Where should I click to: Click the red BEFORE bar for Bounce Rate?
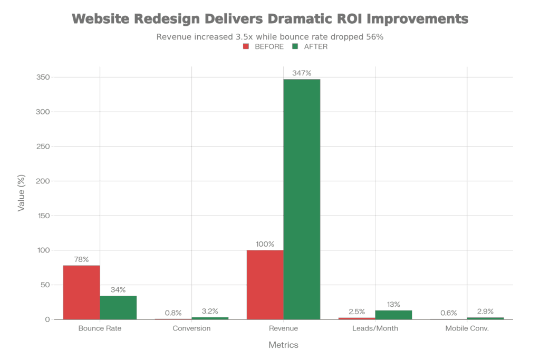click(81, 292)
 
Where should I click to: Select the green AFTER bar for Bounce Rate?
click(118, 307)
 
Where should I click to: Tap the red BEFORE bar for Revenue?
click(265, 285)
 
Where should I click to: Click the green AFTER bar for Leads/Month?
click(393, 314)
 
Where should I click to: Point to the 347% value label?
click(302, 73)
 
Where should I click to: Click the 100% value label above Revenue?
click(265, 245)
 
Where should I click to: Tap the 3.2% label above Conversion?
click(210, 311)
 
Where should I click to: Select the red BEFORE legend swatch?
click(246, 46)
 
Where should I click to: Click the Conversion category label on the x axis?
click(191, 328)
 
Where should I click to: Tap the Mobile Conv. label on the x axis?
click(467, 328)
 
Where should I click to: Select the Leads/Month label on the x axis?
click(375, 328)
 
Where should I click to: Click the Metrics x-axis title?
click(283, 345)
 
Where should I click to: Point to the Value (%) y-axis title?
click(22, 194)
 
